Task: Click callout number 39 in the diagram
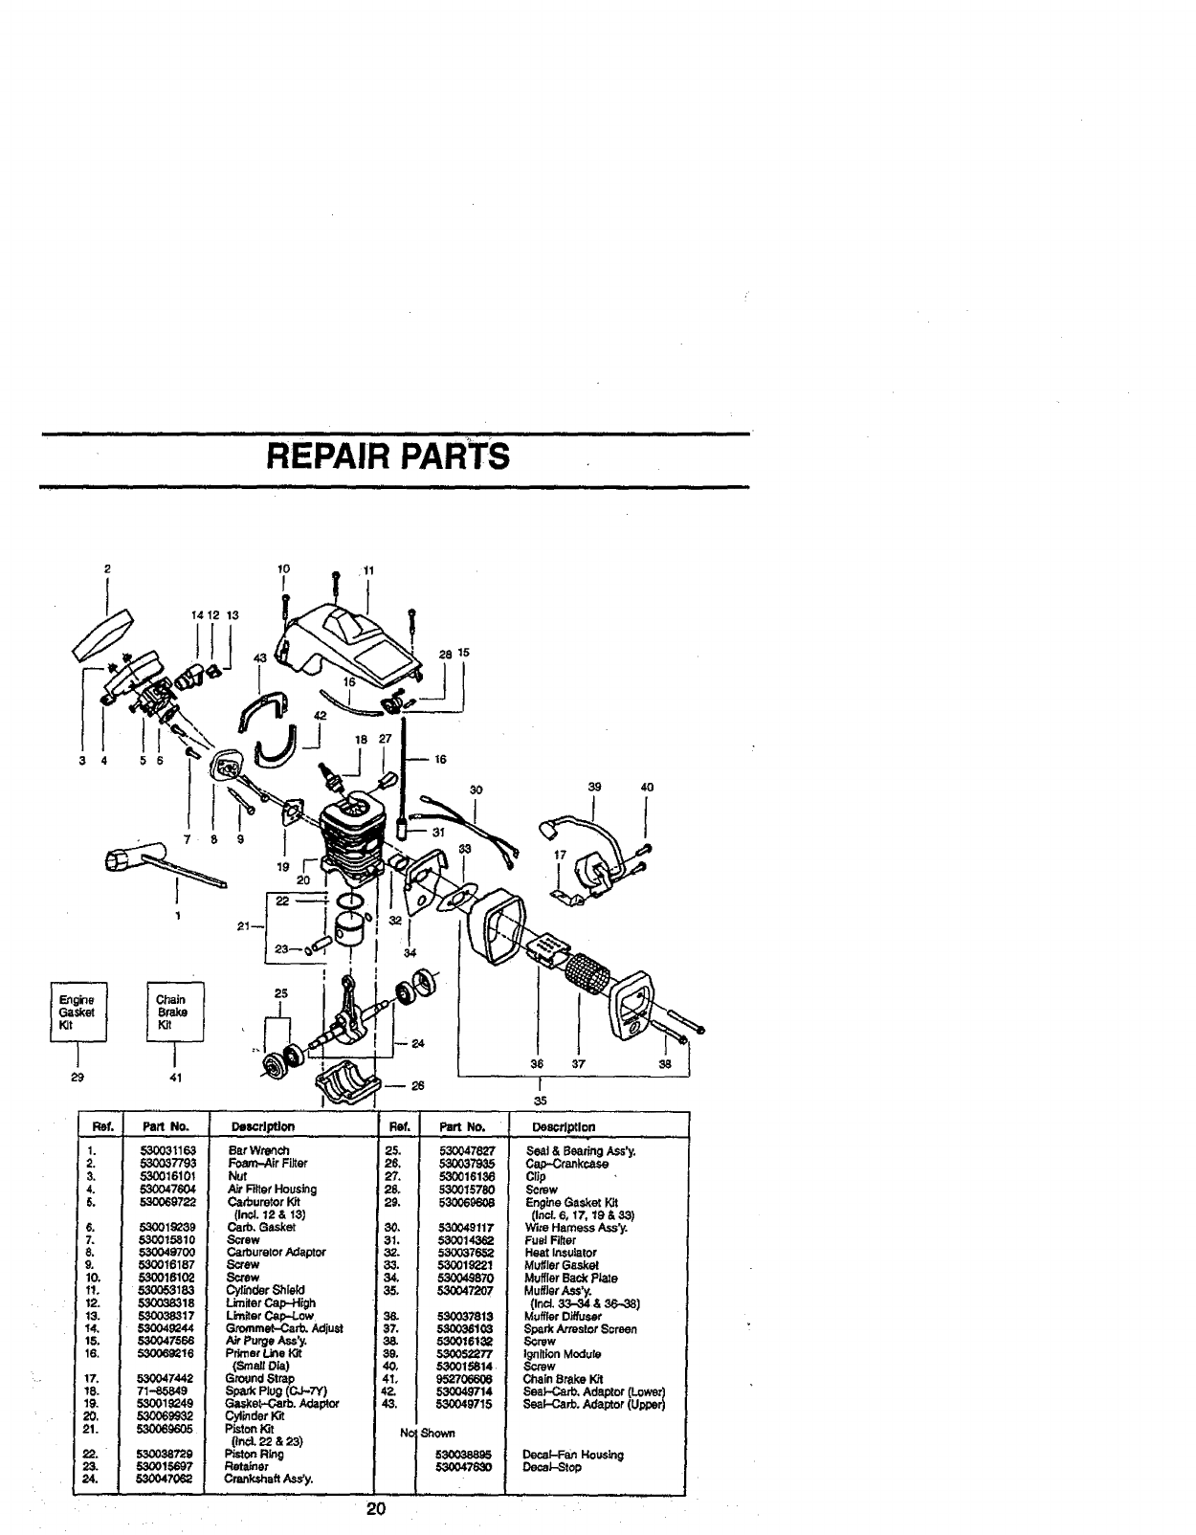[595, 787]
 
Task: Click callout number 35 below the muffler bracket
[540, 1101]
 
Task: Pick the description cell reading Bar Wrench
[259, 1150]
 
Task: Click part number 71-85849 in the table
[167, 1391]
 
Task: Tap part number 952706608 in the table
[467, 1379]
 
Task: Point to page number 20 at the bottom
[374, 1510]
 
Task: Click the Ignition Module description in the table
[564, 1354]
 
